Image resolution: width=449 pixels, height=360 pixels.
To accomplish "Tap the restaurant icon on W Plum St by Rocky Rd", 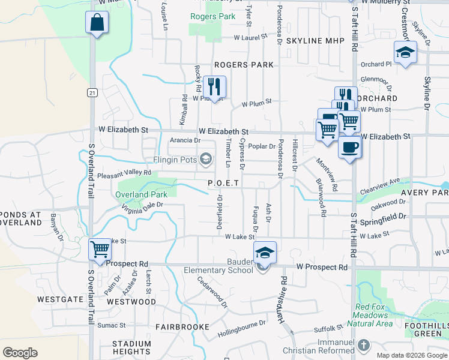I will pos(214,88).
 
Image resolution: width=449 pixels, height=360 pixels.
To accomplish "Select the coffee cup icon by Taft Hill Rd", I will pos(349,147).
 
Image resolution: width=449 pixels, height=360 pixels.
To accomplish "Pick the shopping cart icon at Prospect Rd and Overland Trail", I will pos(99,249).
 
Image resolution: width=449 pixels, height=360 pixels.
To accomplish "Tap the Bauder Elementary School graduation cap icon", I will pos(265,253).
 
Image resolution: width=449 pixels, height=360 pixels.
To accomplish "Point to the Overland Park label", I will pos(141,195).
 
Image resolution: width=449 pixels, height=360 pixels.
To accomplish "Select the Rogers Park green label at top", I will pos(212,17).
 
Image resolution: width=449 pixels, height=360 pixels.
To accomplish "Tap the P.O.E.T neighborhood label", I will pos(223,183).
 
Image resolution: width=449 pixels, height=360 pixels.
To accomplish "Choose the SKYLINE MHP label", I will pos(316,41).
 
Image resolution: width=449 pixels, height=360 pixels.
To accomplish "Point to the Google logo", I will pos(20,352).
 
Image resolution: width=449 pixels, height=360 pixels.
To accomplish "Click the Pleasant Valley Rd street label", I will pos(125,173).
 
